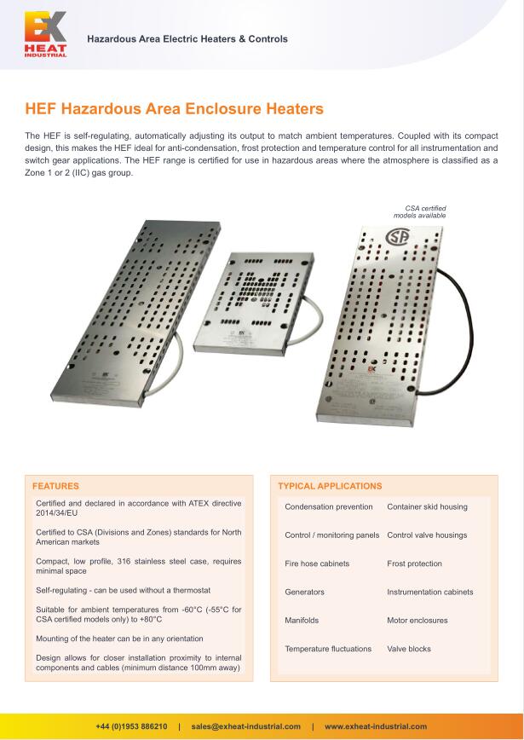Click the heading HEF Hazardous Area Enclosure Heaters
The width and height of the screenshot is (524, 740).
(x=175, y=109)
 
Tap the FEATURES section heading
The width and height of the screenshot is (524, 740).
(x=55, y=486)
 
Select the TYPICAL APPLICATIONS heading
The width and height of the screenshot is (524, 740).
(x=330, y=486)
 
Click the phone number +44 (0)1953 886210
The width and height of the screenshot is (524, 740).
(x=131, y=726)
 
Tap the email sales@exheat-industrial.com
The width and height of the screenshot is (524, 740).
(x=246, y=726)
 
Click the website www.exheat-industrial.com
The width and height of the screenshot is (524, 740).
(x=376, y=726)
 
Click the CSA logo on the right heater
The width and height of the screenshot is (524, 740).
(x=399, y=236)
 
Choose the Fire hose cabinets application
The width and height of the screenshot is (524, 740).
(x=317, y=564)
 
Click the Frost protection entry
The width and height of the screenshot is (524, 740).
(x=414, y=564)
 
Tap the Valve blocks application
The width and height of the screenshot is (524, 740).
(x=409, y=649)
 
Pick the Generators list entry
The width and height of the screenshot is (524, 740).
(x=304, y=592)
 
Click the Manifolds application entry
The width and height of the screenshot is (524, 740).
(x=302, y=621)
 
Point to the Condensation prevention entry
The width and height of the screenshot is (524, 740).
(x=329, y=506)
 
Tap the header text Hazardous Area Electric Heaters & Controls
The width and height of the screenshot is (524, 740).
(x=187, y=39)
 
